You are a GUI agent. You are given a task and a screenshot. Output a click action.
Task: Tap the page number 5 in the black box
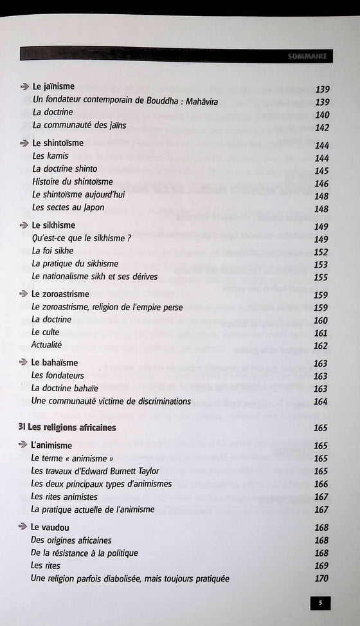320,603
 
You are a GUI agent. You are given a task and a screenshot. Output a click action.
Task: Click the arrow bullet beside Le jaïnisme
24,86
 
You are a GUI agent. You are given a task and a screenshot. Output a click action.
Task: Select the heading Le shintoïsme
58,143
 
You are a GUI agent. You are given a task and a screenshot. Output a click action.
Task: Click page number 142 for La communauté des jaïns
322,127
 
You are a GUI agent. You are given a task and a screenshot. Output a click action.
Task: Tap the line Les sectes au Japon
68,208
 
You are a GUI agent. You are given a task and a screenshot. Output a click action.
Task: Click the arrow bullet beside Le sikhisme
24,225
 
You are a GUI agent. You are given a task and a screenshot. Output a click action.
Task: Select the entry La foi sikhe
53,251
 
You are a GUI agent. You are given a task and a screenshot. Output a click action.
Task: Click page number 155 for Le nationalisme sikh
321,277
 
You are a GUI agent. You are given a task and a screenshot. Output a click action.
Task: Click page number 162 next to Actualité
321,345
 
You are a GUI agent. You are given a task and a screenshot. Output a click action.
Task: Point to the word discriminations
159,401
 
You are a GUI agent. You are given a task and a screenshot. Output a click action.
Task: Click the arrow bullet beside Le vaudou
24,527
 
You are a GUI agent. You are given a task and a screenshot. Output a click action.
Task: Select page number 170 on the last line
321,578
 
